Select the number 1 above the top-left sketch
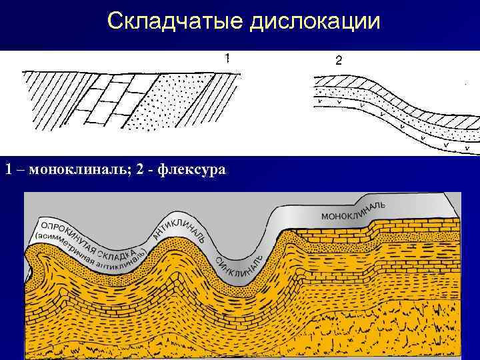coord(229,58)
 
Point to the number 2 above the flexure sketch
coord(338,61)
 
